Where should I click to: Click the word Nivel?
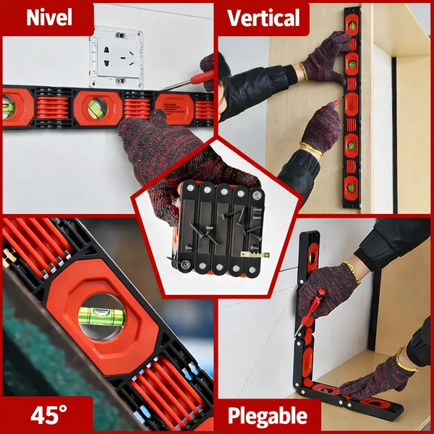[x=49, y=17]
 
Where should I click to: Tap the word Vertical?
[x=263, y=18]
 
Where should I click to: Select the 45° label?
[x=48, y=415]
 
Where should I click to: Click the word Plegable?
[x=268, y=417]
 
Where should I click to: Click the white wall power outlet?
[x=116, y=56]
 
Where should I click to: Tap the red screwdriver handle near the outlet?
[x=202, y=77]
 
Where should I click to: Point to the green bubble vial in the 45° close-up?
[x=101, y=316]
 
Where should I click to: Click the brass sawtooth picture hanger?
[x=255, y=255]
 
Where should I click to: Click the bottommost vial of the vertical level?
[x=351, y=187]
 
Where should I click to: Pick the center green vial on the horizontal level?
[x=97, y=109]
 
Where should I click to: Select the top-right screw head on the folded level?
[x=257, y=195]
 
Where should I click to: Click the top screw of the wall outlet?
[x=119, y=35]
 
